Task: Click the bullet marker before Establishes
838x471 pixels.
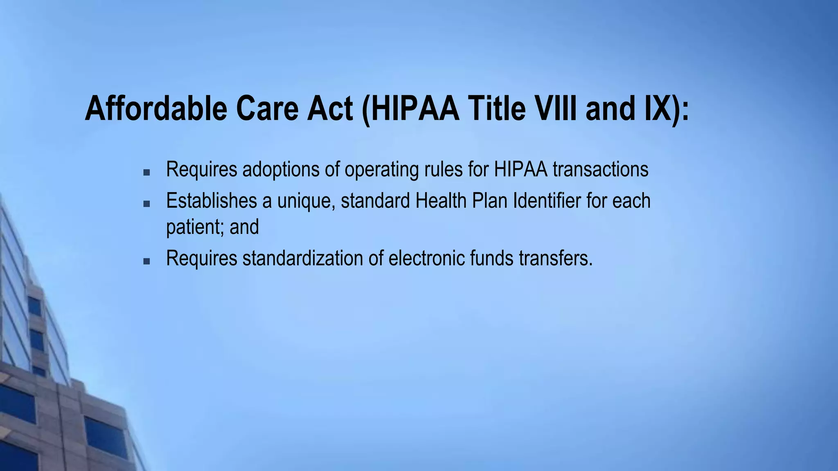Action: point(146,203)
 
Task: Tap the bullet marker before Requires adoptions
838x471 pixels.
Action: point(146,173)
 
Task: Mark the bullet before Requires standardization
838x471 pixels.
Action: point(146,261)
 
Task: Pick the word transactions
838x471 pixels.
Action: point(600,170)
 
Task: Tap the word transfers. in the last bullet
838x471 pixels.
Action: point(556,258)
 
